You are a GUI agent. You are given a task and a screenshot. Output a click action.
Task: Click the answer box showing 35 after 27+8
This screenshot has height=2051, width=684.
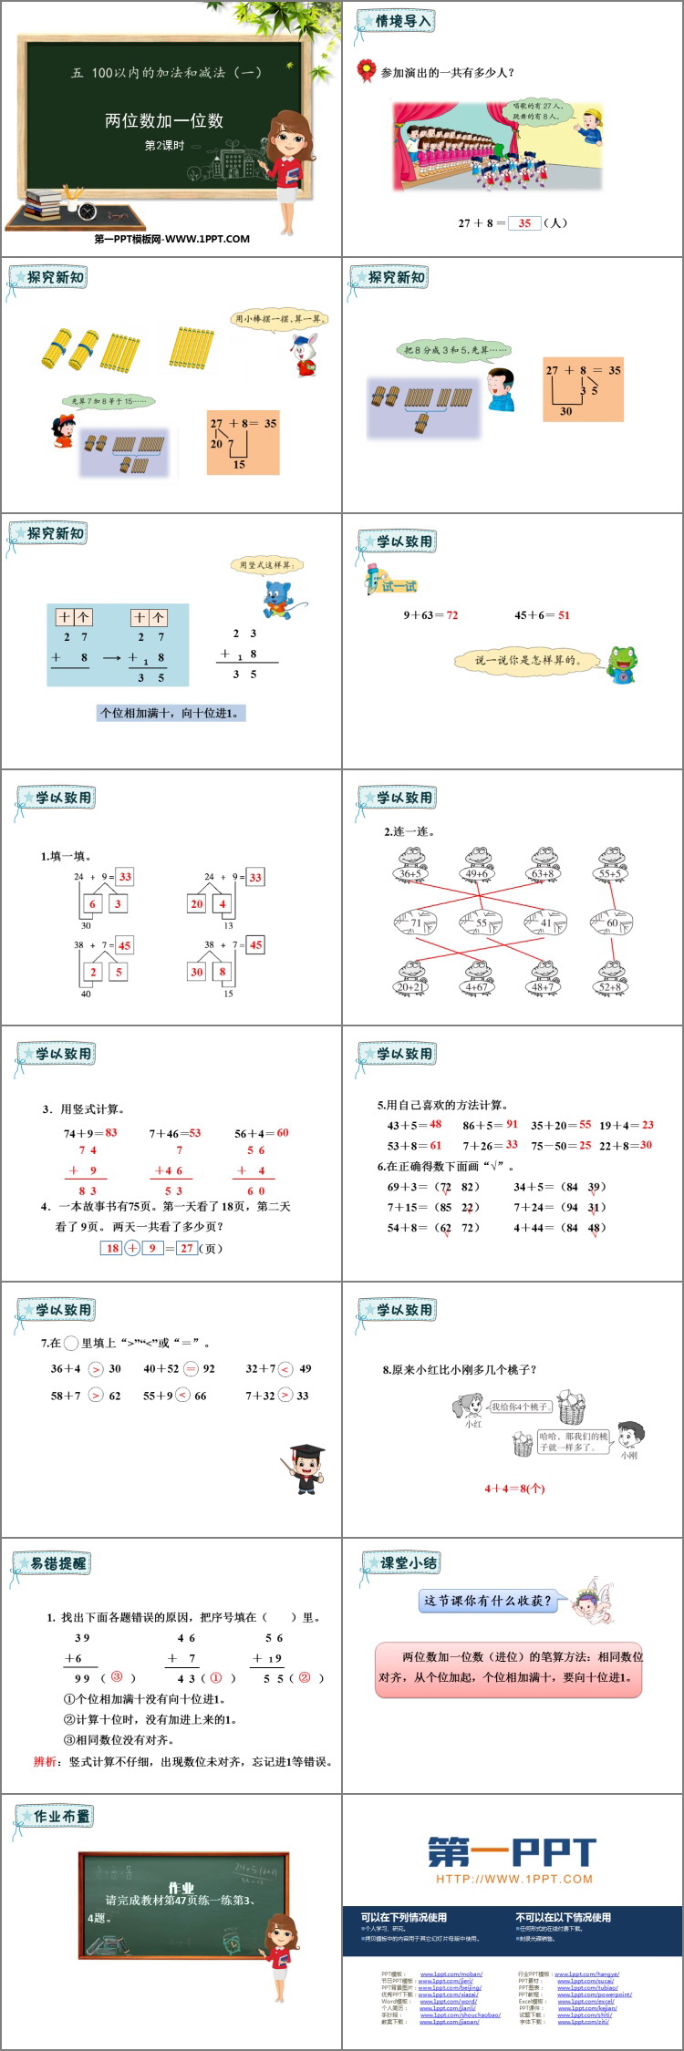click(x=524, y=222)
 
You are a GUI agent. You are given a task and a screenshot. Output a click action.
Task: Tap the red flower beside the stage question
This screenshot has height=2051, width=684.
click(x=366, y=70)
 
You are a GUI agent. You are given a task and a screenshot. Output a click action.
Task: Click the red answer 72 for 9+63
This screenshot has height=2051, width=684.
click(x=451, y=615)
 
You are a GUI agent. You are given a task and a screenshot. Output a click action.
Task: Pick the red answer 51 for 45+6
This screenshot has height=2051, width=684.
click(x=564, y=615)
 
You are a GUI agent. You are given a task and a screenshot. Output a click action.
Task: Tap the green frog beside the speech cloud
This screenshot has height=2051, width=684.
click(x=623, y=664)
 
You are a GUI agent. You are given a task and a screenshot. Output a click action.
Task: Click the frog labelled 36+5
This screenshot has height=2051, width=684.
click(x=411, y=865)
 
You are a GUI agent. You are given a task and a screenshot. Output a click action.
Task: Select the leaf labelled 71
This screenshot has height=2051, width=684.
click(x=415, y=922)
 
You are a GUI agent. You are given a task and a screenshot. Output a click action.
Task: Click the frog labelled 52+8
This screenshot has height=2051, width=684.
click(x=610, y=978)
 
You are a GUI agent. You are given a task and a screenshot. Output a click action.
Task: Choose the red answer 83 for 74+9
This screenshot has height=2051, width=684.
click(x=111, y=1132)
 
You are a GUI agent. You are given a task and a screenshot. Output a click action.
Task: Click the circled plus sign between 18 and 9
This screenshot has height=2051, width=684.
click(x=132, y=1248)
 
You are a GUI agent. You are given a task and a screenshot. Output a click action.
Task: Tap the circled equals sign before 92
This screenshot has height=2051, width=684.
click(x=192, y=1368)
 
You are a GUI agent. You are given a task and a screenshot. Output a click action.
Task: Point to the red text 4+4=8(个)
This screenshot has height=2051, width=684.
click(x=514, y=1489)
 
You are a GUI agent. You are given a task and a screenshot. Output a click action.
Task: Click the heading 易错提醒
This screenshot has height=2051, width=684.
click(x=57, y=1563)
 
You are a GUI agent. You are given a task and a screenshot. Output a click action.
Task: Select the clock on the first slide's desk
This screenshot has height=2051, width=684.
click(x=88, y=211)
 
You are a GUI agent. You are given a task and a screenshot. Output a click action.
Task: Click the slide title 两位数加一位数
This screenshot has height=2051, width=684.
click(x=164, y=120)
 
